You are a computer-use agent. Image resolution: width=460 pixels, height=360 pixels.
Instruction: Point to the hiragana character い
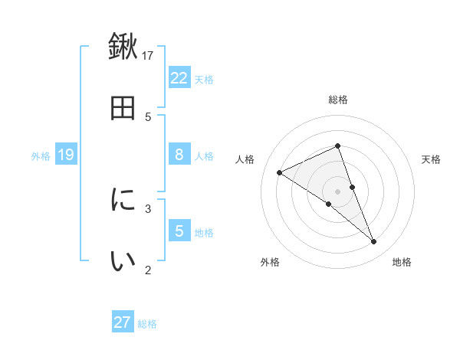pyautogui.click(x=123, y=261)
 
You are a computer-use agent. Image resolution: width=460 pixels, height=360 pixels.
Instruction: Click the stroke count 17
pyautogui.click(x=149, y=54)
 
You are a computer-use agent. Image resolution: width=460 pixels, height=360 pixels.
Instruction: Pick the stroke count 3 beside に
pyautogui.click(x=149, y=208)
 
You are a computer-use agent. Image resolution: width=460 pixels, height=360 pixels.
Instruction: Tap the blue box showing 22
pyautogui.click(x=179, y=77)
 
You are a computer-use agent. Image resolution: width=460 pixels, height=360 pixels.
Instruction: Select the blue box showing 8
pyautogui.click(x=179, y=155)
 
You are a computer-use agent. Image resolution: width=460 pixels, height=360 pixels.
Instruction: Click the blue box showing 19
pyautogui.click(x=66, y=155)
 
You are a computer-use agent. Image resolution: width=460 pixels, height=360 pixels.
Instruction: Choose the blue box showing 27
pyautogui.click(x=123, y=322)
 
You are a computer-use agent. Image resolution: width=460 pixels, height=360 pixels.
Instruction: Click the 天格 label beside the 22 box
pyautogui.click(x=204, y=79)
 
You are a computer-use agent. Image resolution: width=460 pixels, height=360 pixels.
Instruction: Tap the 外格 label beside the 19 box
pyautogui.click(x=41, y=156)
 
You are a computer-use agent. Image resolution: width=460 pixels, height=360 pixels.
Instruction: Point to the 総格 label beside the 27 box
pyautogui.click(x=147, y=324)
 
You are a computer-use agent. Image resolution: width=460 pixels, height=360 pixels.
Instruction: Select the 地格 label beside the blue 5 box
pyautogui.click(x=204, y=233)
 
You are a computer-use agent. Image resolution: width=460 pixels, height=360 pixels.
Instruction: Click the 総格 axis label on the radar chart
pyautogui.click(x=338, y=100)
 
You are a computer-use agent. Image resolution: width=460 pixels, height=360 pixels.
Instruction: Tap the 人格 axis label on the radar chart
pyautogui.click(x=245, y=159)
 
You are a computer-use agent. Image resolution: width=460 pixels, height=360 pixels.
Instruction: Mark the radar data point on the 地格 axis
pyautogui.click(x=374, y=242)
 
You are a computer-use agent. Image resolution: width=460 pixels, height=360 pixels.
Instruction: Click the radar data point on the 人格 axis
pyautogui.click(x=279, y=172)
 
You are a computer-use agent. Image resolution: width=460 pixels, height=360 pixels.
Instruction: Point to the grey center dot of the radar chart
pyautogui.click(x=338, y=191)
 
